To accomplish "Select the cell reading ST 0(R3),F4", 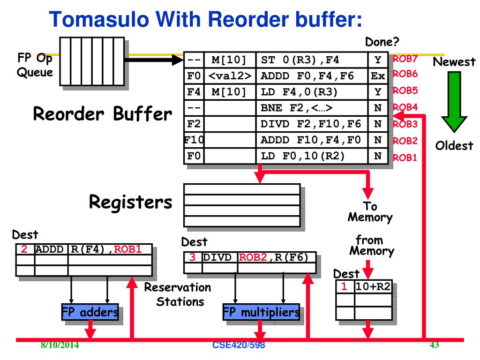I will [312, 60].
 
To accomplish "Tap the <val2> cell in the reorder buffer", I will [230, 75].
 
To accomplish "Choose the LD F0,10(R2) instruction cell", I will [312, 156].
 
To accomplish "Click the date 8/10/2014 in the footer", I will [60, 346].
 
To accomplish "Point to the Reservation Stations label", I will [177, 294].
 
